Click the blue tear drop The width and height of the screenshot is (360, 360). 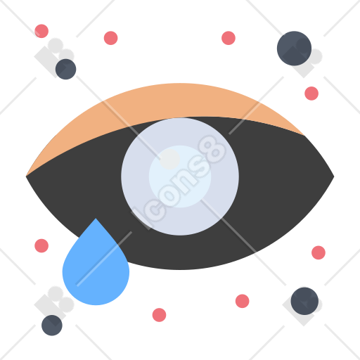pos(96,269)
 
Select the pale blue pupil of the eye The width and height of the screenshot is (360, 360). pos(180,176)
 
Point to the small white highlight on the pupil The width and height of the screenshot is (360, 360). pos(169,159)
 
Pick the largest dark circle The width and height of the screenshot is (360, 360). pos(294,49)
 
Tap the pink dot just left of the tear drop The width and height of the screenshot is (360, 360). pos(41,245)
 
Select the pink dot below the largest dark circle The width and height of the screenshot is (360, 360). pos(311,94)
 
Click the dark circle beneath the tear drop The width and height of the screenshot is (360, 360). pos(52,326)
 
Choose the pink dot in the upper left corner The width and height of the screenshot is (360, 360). pos(41,31)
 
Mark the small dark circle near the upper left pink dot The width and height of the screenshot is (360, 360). pos(65,69)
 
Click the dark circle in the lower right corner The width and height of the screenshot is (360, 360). pos(304,301)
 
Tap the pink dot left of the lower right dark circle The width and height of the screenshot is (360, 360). pos(242,301)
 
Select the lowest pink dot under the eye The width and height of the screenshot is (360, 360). pos(159,315)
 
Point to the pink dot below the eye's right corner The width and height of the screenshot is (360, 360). pos(319,252)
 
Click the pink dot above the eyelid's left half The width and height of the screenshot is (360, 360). pos(110,38)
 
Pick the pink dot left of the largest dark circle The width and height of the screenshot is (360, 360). pos(229,38)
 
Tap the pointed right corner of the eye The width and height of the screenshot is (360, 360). pos(334,176)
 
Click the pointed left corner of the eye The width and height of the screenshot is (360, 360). pos(26,176)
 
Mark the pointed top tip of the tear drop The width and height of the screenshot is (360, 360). pos(96,219)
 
